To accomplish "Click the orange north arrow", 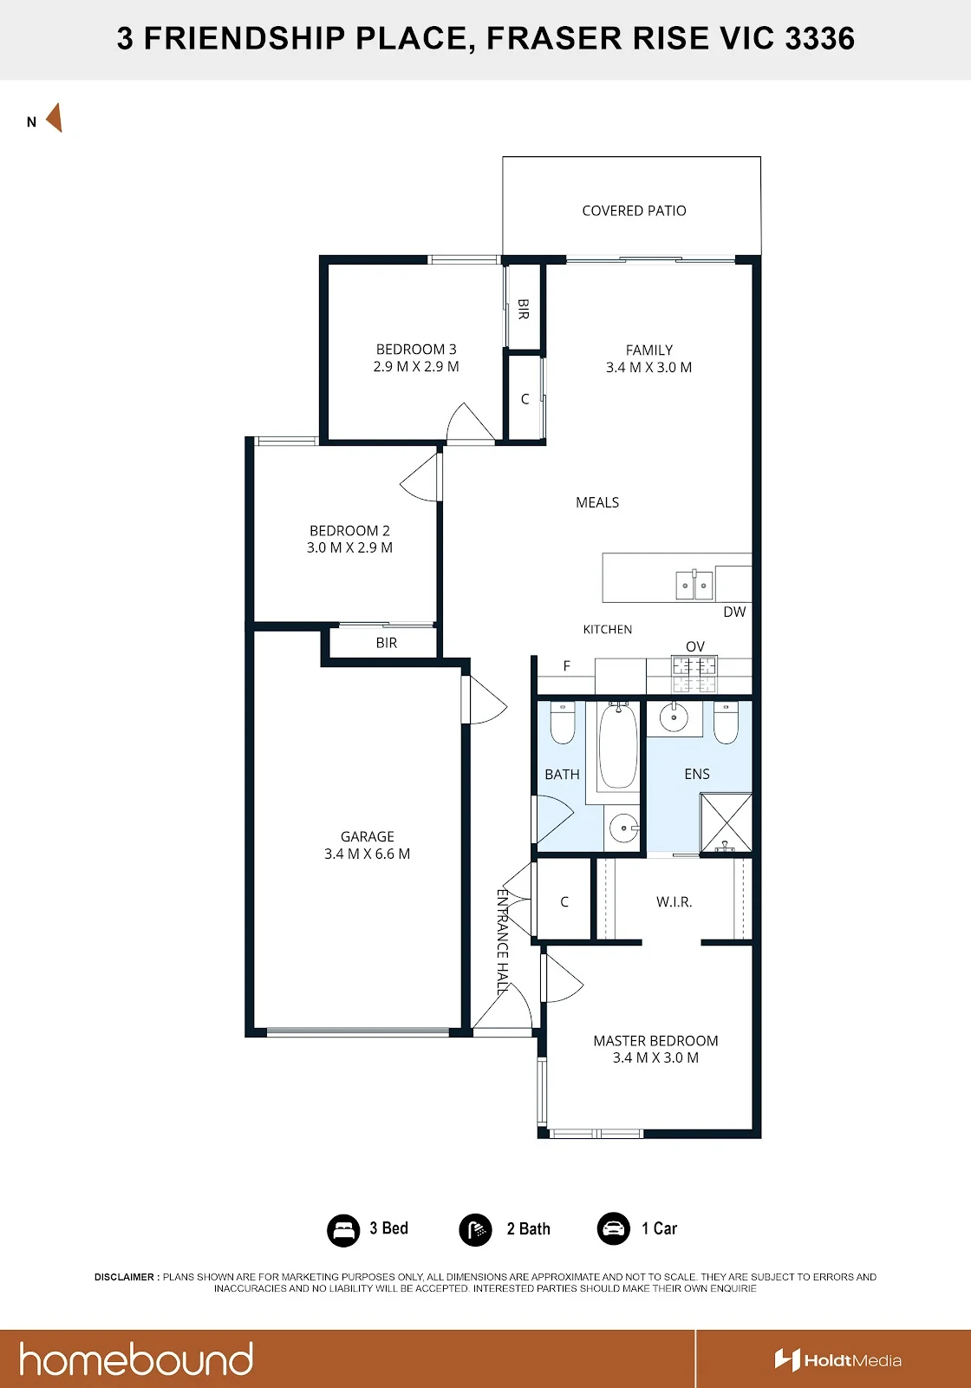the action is (55, 118).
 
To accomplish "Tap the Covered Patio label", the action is (634, 211).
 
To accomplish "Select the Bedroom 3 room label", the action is (416, 349).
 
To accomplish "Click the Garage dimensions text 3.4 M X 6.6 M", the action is (368, 854).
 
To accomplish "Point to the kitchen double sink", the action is (694, 585).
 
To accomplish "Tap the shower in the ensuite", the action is (726, 822).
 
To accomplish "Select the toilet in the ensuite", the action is (726, 722).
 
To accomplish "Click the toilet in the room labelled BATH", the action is (563, 722).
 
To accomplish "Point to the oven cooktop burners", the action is (694, 674).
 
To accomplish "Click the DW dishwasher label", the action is (734, 612).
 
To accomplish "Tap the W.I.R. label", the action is (674, 901).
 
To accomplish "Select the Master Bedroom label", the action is (655, 1040).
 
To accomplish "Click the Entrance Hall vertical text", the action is (503, 941).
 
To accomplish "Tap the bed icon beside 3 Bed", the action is (343, 1229).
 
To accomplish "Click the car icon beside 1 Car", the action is (613, 1228).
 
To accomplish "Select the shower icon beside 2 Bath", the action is (475, 1229).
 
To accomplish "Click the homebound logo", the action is (136, 1359).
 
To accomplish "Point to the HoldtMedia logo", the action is (837, 1360).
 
